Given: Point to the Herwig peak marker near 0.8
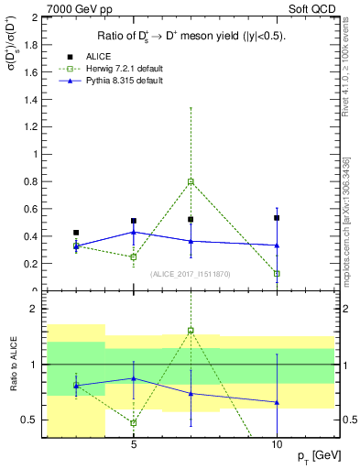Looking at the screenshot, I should coord(191,181).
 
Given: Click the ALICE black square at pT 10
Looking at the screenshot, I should coord(277,218).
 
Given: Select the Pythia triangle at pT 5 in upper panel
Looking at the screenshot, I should coord(134,232).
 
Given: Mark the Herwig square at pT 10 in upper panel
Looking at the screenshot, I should coord(277,274).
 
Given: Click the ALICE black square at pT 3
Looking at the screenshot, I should coord(76,233).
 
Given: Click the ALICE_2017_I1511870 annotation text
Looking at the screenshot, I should coord(189,273).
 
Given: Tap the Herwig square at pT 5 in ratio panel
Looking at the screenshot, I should coord(134,422).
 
